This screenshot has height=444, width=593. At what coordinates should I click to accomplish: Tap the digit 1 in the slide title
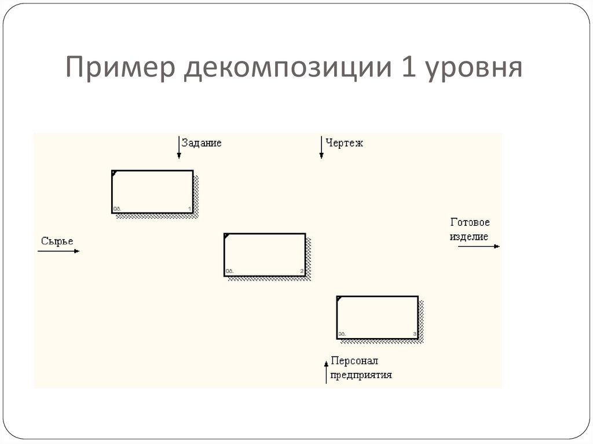pyautogui.click(x=407, y=68)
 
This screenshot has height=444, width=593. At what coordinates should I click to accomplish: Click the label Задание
pyautogui.click(x=202, y=143)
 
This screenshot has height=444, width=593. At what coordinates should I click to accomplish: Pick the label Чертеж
pyautogui.click(x=344, y=143)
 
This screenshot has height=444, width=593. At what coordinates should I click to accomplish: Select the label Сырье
pyautogui.click(x=57, y=241)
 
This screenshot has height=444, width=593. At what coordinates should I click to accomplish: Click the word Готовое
pyautogui.click(x=470, y=222)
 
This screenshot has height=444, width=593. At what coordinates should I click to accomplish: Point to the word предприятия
pyautogui.click(x=361, y=375)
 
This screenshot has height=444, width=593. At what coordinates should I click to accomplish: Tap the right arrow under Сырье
pyautogui.click(x=58, y=251)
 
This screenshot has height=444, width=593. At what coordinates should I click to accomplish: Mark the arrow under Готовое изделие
pyautogui.click(x=478, y=247)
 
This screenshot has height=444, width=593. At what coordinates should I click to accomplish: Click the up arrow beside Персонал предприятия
pyautogui.click(x=327, y=370)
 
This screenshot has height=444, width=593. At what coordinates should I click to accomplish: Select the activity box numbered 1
pyautogui.click(x=152, y=192)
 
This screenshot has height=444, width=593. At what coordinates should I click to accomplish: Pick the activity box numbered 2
pyautogui.click(x=265, y=255)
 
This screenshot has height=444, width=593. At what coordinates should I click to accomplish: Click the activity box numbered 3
pyautogui.click(x=377, y=317)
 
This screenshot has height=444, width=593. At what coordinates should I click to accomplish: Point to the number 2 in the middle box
pyautogui.click(x=302, y=271)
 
